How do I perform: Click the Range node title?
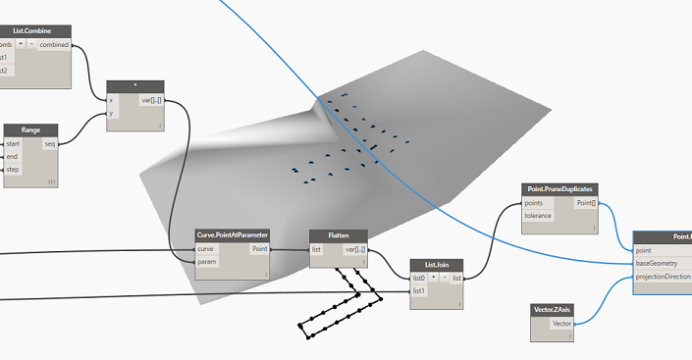[x=29, y=129]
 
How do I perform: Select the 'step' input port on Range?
[x=14, y=169]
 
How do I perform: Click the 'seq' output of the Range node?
[x=50, y=143]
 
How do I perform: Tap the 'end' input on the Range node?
[x=14, y=156]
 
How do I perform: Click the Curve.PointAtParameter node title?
[x=232, y=235]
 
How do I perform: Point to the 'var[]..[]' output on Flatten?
[x=354, y=249]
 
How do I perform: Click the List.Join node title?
[x=437, y=264]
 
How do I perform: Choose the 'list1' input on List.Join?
[x=420, y=291]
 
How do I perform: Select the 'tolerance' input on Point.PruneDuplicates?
[x=538, y=216]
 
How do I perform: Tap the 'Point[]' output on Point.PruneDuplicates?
[x=585, y=203]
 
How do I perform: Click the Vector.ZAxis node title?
[x=553, y=309]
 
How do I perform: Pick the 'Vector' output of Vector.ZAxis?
[x=561, y=323]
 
